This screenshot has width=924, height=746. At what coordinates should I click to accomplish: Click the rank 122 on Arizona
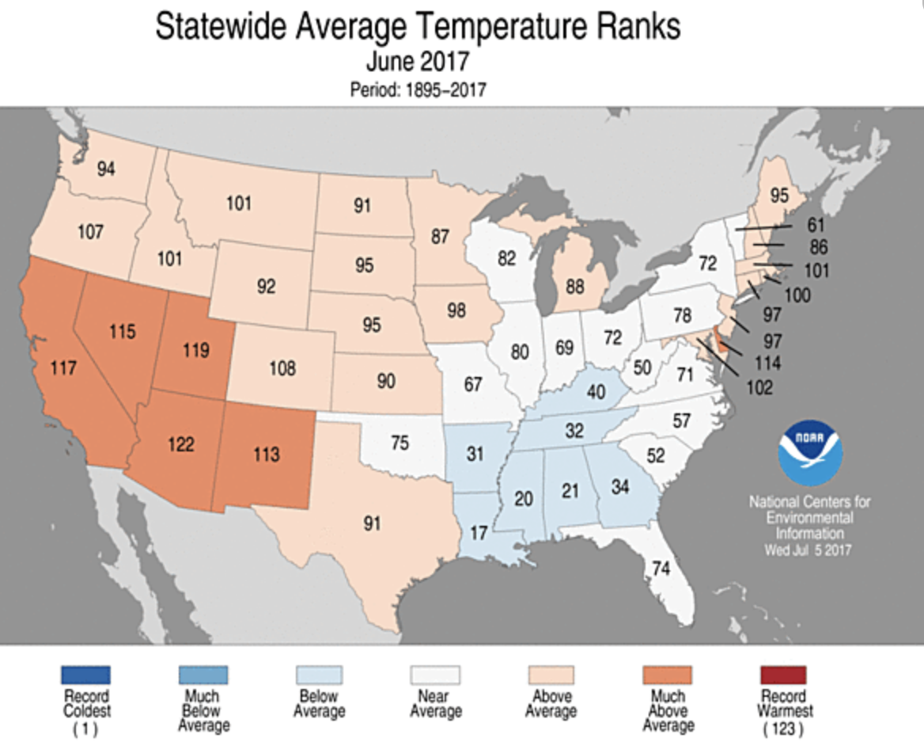coord(181,445)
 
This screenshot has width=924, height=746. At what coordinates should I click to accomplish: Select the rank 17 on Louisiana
coord(477,533)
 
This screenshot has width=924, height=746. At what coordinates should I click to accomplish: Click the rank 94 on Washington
coord(106,168)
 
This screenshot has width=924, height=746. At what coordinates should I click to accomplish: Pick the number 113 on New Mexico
coord(267,454)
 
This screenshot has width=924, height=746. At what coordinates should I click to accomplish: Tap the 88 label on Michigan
coord(576,284)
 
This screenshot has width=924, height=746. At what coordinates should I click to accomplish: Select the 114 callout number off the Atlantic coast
coord(767,363)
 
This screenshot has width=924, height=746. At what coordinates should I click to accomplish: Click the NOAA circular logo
coord(810,454)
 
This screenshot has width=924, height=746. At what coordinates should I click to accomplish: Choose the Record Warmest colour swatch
coord(782,676)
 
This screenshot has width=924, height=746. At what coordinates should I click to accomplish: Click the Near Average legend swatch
coord(434,676)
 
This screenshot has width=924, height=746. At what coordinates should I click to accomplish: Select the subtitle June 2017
coord(418,62)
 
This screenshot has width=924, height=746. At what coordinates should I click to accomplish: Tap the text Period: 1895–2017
coord(418,89)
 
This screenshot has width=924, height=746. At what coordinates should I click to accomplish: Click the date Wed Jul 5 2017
coord(808,550)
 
